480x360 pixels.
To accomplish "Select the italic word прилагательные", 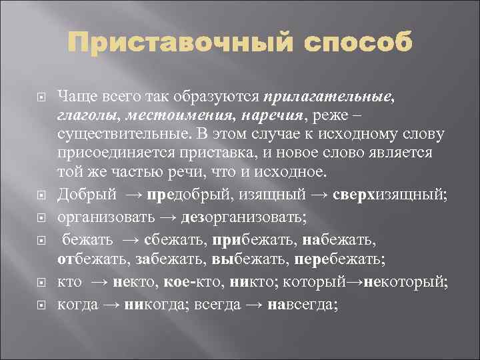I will [329, 97].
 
